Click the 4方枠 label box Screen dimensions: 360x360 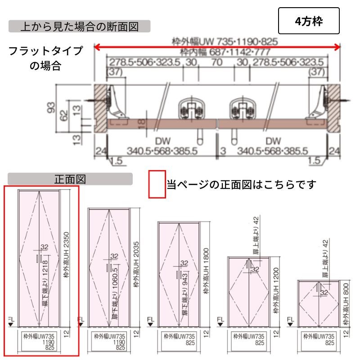coord(308,21)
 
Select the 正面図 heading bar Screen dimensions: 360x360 coord(70,179)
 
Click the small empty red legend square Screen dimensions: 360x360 coord(157,184)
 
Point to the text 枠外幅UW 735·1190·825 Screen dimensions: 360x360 coord(225,42)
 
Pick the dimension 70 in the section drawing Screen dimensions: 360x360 coord(216,62)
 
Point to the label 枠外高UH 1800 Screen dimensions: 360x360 coord(206,271)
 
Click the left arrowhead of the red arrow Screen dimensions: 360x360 coord(96,47)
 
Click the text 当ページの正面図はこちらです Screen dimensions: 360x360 coord(242,184)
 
